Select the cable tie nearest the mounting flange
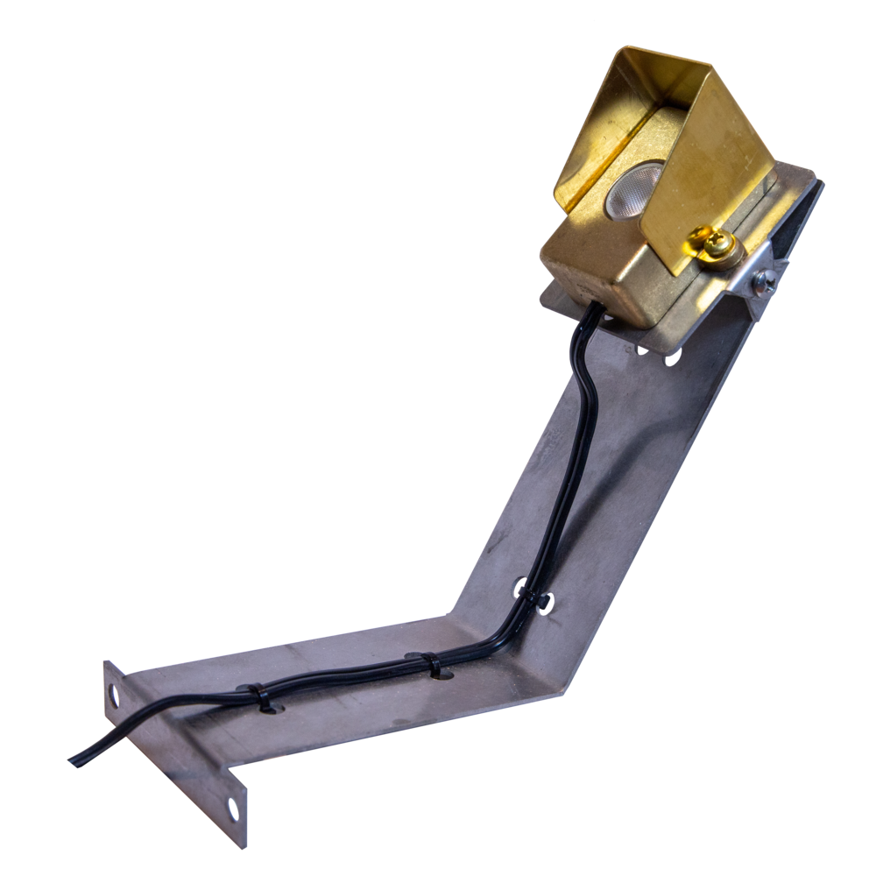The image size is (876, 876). tap(261, 697)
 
